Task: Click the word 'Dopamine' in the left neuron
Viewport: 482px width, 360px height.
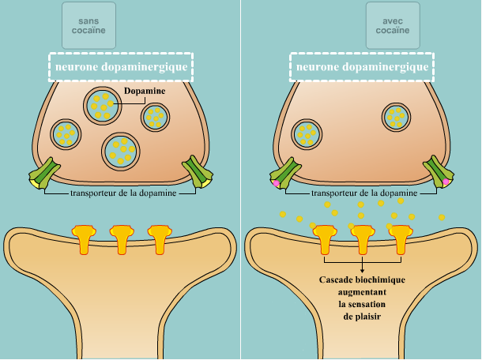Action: [x=144, y=92]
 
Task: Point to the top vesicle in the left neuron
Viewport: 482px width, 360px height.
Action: [x=103, y=104]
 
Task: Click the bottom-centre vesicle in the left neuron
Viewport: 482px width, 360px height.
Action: [x=121, y=150]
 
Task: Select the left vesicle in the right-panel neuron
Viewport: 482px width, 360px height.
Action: [x=307, y=133]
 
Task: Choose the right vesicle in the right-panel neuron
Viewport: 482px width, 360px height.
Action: [x=397, y=118]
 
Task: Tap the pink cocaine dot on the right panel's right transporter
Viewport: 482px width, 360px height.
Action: [x=446, y=182]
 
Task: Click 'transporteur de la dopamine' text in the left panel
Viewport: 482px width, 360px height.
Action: [x=121, y=192]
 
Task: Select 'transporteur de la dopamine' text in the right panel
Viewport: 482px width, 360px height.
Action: [x=363, y=192]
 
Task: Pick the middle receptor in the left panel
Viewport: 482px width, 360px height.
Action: [x=121, y=238]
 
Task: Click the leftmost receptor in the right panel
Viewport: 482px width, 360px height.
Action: [x=326, y=238]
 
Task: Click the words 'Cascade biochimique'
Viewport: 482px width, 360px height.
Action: [x=362, y=280]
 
